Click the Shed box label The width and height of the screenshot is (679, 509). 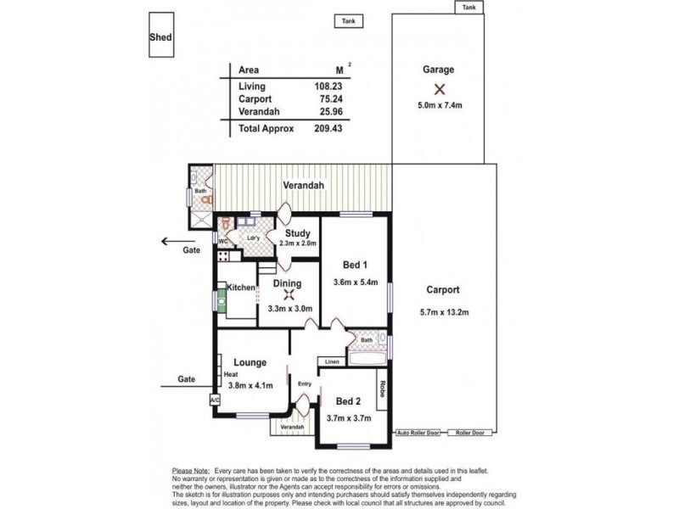point(160,37)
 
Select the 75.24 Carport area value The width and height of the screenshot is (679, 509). point(322,98)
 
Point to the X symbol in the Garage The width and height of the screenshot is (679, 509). point(439,89)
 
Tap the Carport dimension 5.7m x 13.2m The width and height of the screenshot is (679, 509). point(443,312)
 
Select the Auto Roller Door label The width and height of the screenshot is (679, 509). point(418,433)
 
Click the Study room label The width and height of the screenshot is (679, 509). point(297,233)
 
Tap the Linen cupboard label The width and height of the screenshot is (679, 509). point(332,363)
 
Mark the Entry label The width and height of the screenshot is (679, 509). point(305,384)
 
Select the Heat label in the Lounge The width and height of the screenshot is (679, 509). point(231,374)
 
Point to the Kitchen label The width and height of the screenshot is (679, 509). point(241,288)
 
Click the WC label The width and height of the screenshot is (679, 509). point(223,242)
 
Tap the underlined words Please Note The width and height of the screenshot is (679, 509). point(191,469)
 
